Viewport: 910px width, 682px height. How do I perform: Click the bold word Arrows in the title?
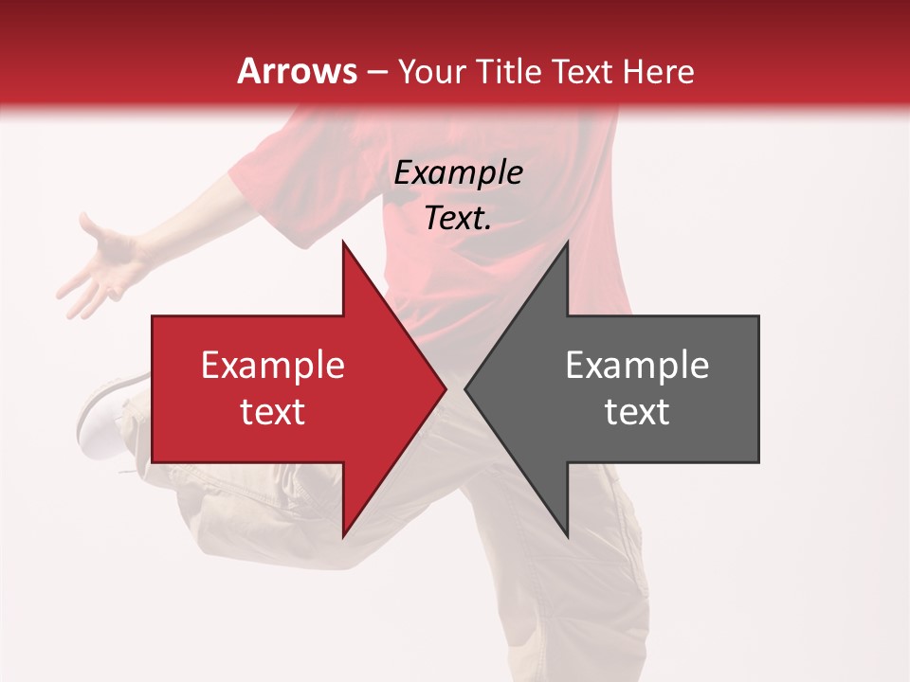[x=297, y=71]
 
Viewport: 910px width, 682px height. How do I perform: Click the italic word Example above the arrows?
[x=459, y=173]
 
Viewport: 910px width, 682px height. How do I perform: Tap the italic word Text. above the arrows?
[x=459, y=219]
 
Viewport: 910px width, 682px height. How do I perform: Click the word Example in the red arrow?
[x=273, y=366]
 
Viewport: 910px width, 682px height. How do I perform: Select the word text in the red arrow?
[x=273, y=412]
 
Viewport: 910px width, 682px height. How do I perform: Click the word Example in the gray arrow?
[x=637, y=366]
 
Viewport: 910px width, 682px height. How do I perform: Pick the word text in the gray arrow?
[x=637, y=412]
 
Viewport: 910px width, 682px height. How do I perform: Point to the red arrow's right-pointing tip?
[x=445, y=389]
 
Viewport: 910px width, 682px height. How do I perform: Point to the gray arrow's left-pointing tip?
[x=466, y=389]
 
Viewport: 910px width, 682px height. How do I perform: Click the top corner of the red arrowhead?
[x=343, y=242]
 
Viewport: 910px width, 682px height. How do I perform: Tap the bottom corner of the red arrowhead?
[x=343, y=536]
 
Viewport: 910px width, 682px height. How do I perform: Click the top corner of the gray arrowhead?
[x=567, y=242]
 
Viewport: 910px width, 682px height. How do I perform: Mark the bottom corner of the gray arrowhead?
[x=567, y=536]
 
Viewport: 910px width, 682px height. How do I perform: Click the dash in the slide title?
[x=376, y=73]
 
